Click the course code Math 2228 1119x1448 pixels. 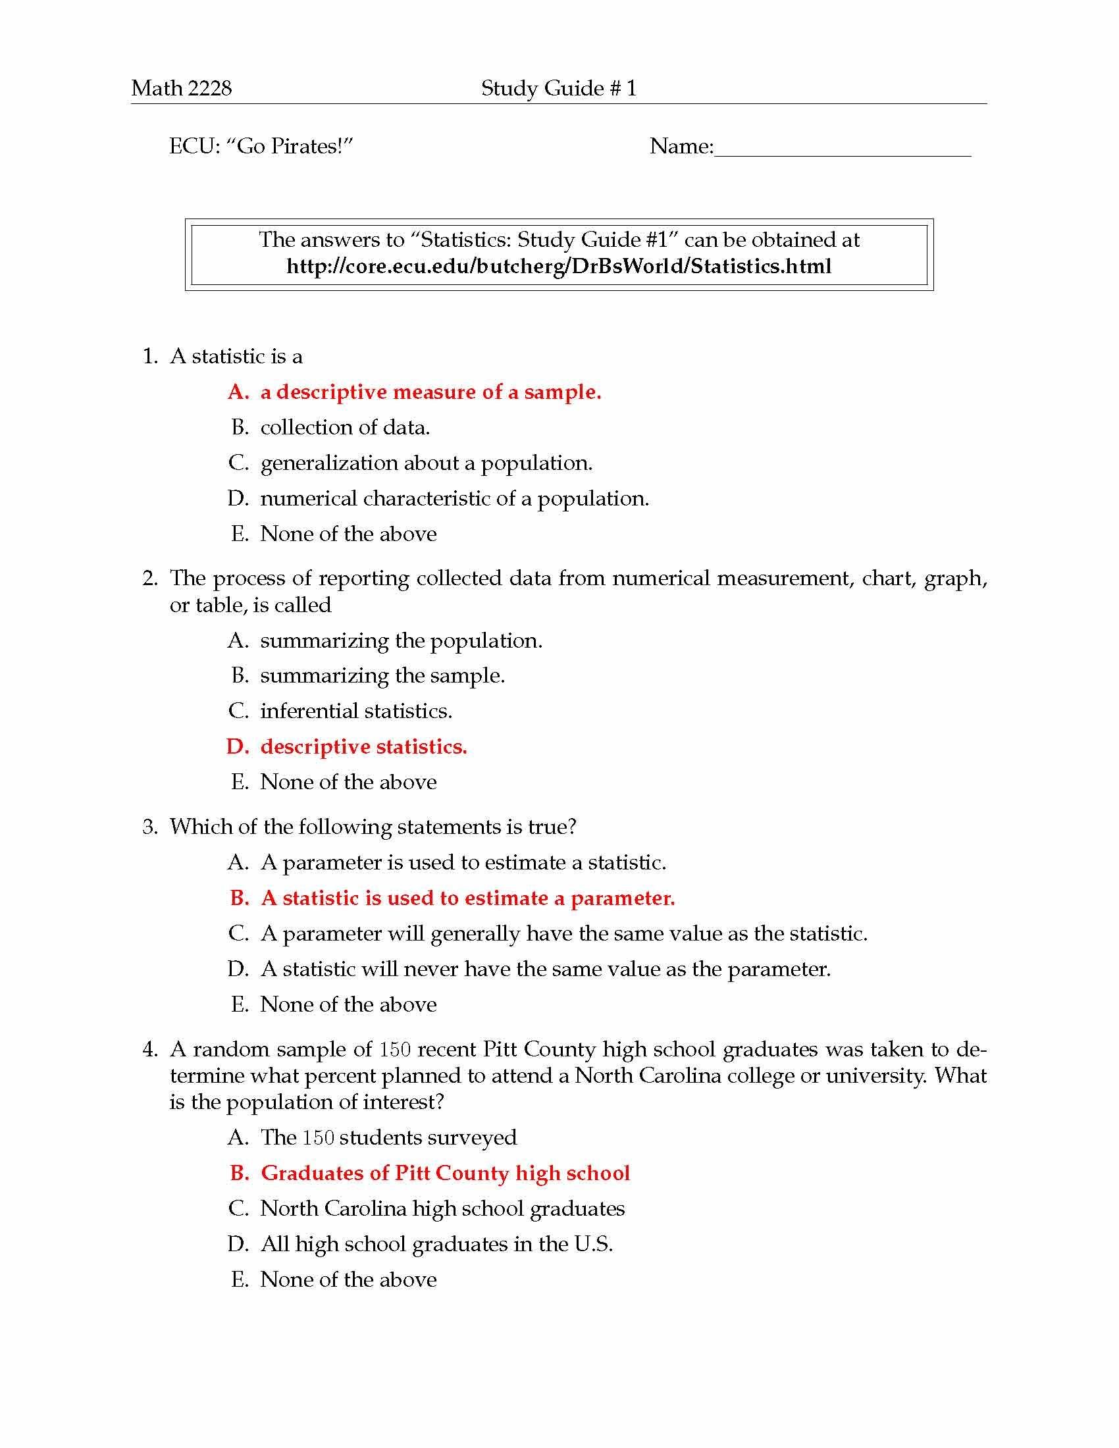click(x=181, y=88)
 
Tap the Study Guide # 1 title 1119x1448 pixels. click(x=558, y=88)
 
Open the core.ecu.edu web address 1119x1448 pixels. click(x=558, y=267)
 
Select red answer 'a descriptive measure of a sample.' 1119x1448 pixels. click(x=430, y=392)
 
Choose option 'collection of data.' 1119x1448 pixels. click(x=345, y=428)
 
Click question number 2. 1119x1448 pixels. click(x=150, y=578)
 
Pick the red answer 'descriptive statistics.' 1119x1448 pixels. click(x=363, y=746)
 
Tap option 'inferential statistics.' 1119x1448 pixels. click(x=356, y=711)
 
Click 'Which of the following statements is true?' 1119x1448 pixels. click(x=373, y=827)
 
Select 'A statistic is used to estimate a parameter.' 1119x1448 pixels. click(x=467, y=898)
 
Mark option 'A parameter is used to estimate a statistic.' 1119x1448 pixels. click(x=463, y=863)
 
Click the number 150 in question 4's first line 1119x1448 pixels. click(x=395, y=1050)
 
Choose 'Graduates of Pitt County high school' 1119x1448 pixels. click(x=444, y=1173)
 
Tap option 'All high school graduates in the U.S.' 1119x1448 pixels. click(x=436, y=1244)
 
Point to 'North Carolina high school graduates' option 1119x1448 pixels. click(x=442, y=1208)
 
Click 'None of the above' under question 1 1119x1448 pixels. click(x=348, y=534)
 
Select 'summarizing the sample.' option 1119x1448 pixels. click(x=382, y=675)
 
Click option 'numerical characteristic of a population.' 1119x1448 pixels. click(x=454, y=499)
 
